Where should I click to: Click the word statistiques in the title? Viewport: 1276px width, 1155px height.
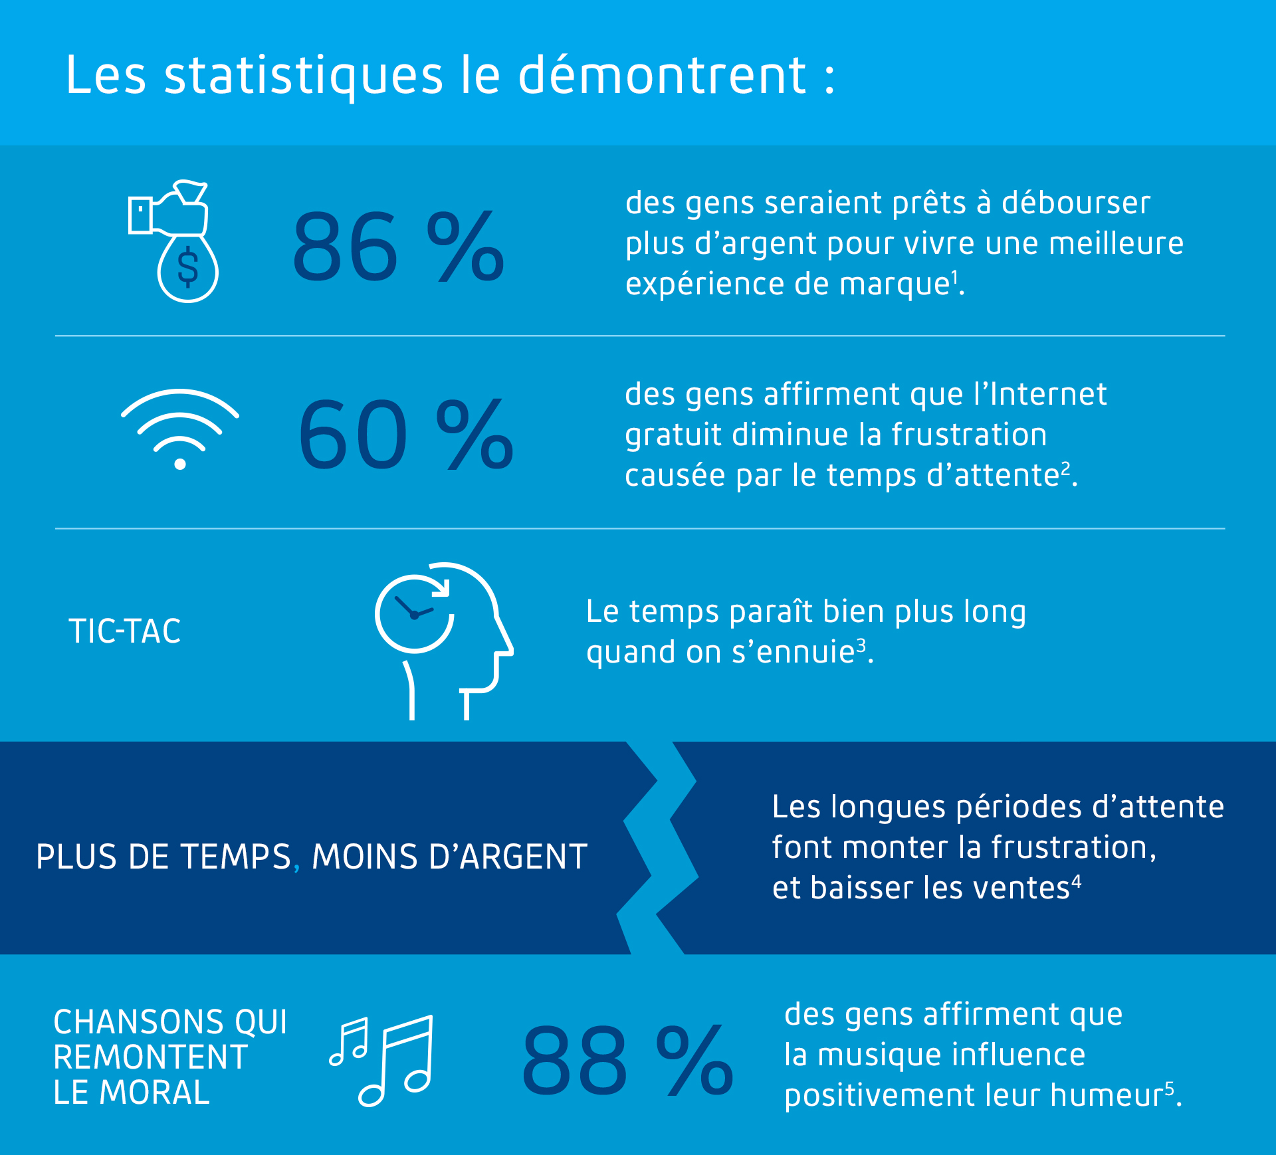coord(303,76)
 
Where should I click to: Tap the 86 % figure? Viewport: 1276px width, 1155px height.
coord(398,247)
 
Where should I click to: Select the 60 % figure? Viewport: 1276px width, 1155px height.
coord(405,434)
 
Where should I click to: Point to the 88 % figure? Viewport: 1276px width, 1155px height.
coord(627,1060)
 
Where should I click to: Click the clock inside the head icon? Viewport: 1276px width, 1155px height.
coord(414,613)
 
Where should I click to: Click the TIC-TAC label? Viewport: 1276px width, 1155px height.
coord(124,631)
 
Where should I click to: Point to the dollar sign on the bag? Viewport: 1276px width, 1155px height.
coord(188,266)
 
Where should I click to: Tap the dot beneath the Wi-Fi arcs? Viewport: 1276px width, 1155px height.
coord(179,464)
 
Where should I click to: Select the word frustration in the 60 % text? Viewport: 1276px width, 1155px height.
coord(969,435)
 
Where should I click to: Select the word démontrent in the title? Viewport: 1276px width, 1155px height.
coord(662,76)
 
